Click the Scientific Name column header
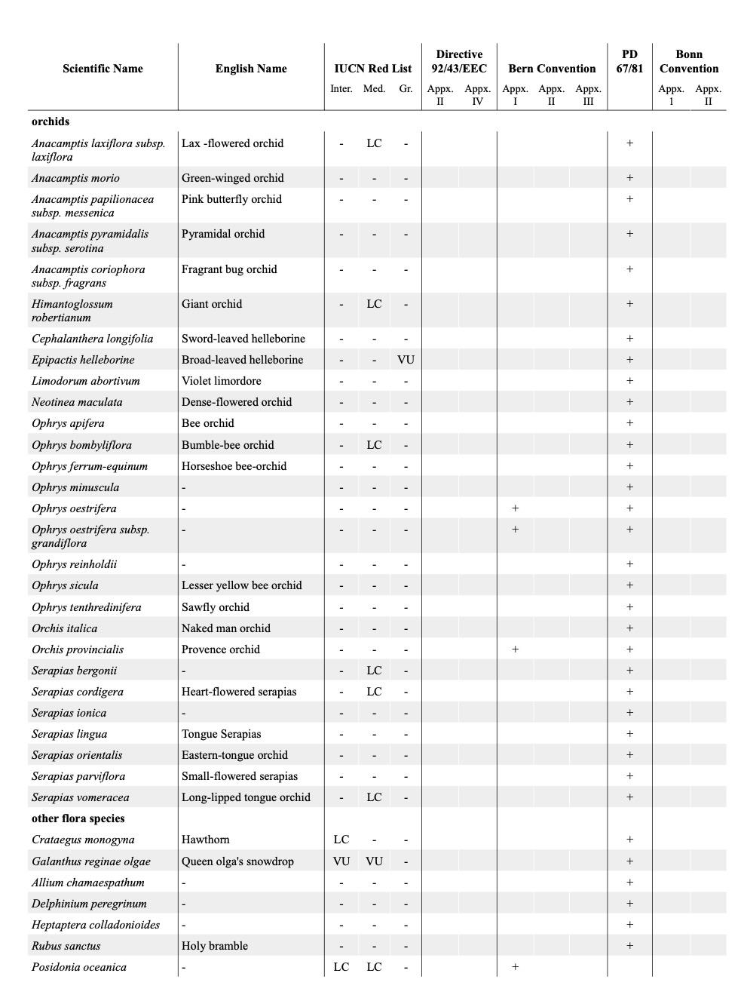103,69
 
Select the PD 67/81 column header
629,61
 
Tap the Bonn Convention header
689,61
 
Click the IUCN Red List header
372,69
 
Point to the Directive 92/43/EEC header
459,61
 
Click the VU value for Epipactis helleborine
406,360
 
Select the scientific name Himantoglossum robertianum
72,311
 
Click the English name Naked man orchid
225,628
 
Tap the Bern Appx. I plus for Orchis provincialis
515,649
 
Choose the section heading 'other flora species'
78,818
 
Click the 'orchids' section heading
51,121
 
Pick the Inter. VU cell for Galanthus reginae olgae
341,861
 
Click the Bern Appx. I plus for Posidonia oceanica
515,967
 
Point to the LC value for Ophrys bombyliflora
374,445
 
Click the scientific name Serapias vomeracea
81,797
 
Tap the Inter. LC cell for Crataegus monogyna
341,840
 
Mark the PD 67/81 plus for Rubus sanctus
629,946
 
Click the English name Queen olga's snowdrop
237,861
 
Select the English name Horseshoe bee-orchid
234,466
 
